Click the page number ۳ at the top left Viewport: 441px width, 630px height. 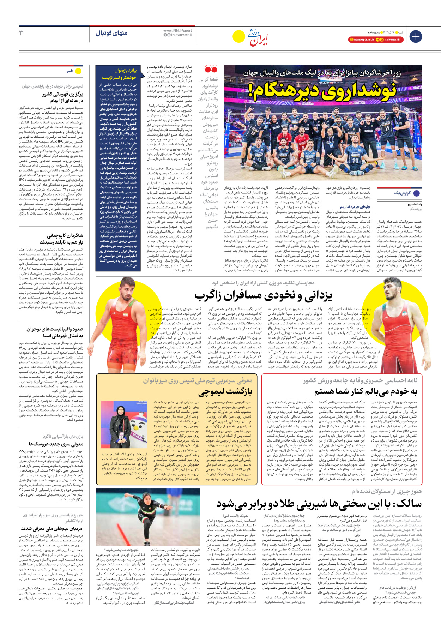point(22,33)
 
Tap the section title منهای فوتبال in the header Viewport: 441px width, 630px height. point(111,33)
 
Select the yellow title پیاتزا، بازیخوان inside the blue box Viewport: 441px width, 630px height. point(125,70)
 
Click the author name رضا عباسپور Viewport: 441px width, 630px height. point(414,204)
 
